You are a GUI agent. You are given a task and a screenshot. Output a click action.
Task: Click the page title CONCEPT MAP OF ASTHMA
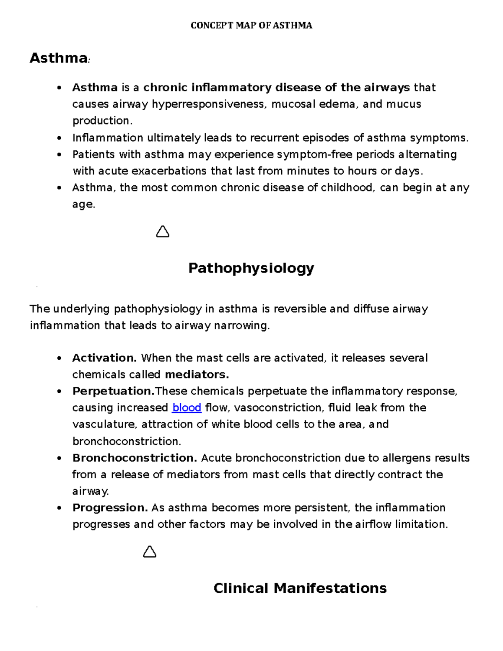coord(251,26)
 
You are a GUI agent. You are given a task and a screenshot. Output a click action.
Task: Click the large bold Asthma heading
coord(58,58)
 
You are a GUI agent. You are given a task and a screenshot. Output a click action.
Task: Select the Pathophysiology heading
coord(251,268)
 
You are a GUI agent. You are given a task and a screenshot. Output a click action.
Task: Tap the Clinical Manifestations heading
coord(300,588)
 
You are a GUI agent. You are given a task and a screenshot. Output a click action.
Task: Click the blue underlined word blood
coord(187,408)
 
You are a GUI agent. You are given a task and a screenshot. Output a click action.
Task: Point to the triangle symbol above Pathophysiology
coord(163,232)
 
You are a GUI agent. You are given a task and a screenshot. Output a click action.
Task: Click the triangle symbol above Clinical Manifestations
coord(150,552)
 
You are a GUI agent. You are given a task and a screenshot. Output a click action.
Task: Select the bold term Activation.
coord(104,358)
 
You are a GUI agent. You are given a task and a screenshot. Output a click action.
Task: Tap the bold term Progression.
coord(110,508)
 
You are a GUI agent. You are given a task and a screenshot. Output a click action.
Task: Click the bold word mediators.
coord(197,374)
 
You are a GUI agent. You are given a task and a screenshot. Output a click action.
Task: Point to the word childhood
coord(347,188)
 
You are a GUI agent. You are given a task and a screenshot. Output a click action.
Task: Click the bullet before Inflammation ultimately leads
coord(60,138)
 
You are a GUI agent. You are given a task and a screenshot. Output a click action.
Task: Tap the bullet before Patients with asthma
coord(60,155)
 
